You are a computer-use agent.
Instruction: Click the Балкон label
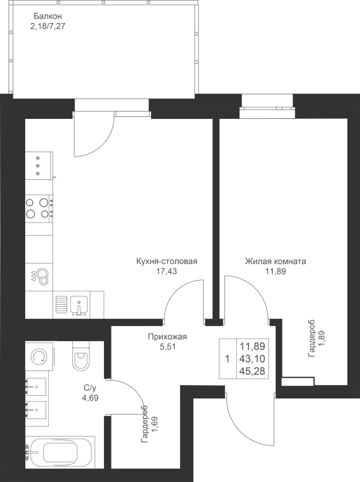click(48, 16)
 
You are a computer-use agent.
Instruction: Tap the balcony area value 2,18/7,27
click(48, 26)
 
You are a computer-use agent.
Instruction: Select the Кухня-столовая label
click(167, 261)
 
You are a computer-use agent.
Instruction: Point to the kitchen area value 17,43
click(167, 271)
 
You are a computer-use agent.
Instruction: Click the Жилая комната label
click(275, 261)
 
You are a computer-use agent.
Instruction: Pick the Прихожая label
click(168, 337)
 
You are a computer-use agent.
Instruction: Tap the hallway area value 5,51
click(168, 347)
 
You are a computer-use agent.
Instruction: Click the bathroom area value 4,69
click(89, 398)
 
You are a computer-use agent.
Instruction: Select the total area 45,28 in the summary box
click(252, 371)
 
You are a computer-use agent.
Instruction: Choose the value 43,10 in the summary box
click(252, 359)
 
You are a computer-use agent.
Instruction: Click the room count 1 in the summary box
click(228, 359)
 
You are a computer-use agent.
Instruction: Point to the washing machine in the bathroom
click(40, 356)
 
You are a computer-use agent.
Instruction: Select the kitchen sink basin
click(79, 306)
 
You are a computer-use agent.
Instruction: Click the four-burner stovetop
click(39, 208)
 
